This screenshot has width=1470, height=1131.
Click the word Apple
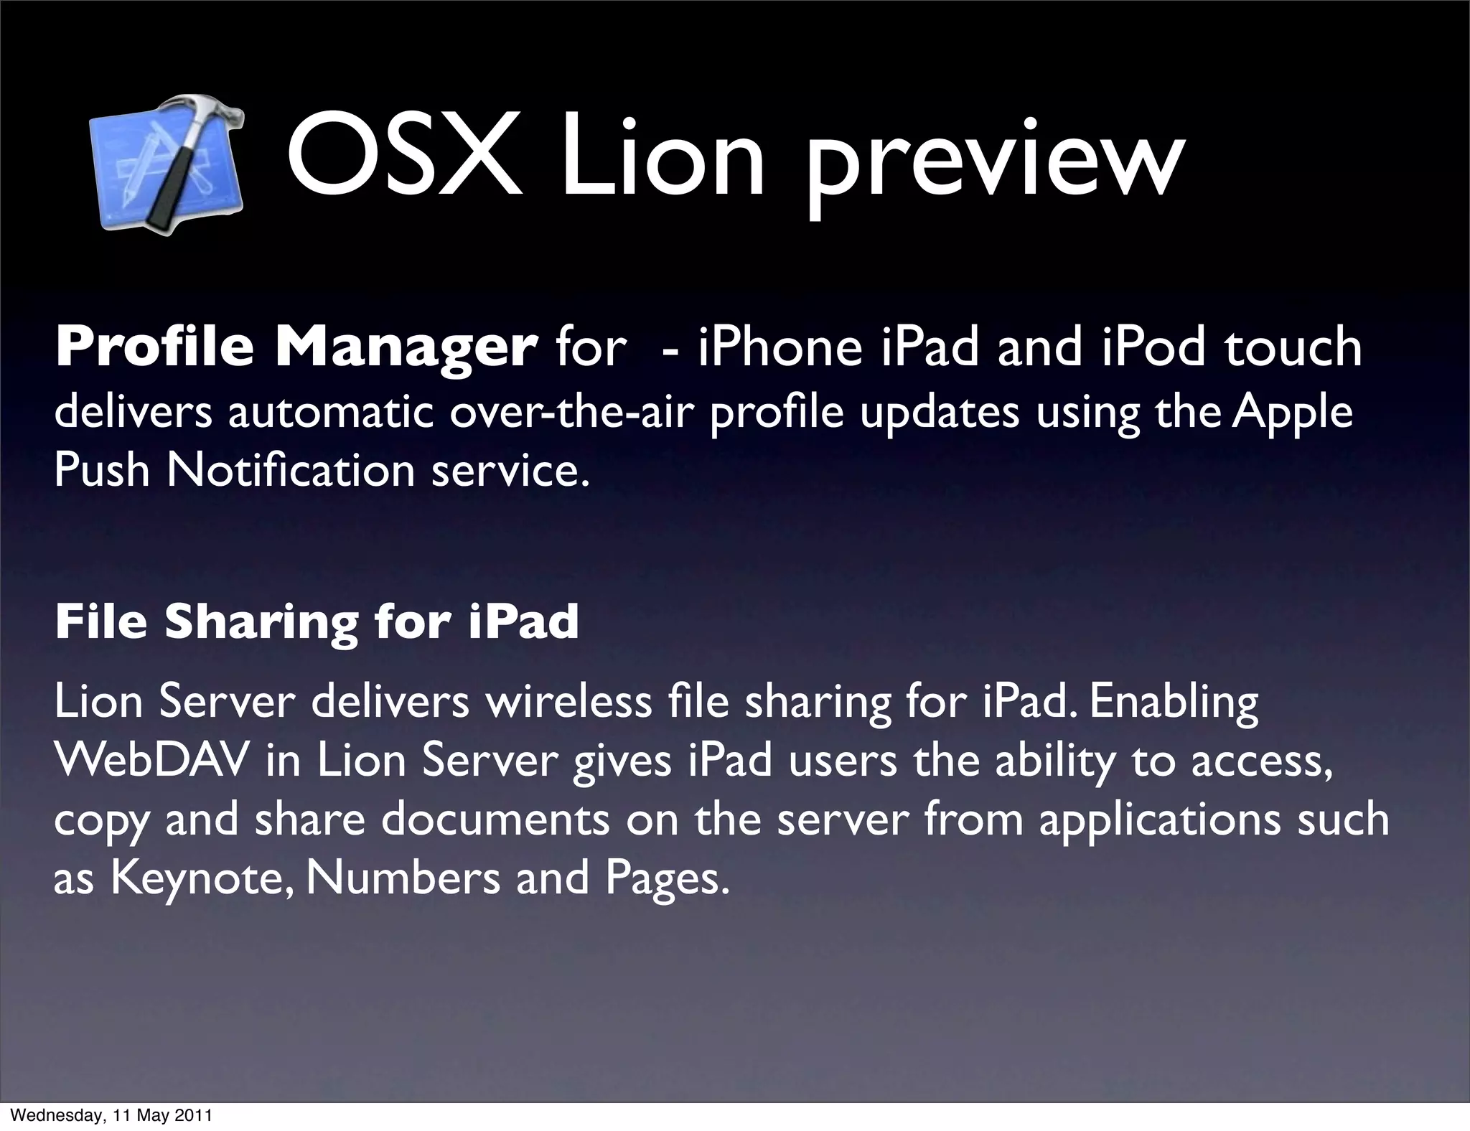coord(1292,415)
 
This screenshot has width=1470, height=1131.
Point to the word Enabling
coord(1174,704)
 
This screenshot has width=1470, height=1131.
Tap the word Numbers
coord(403,878)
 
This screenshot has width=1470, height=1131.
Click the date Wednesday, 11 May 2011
coord(113,1116)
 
